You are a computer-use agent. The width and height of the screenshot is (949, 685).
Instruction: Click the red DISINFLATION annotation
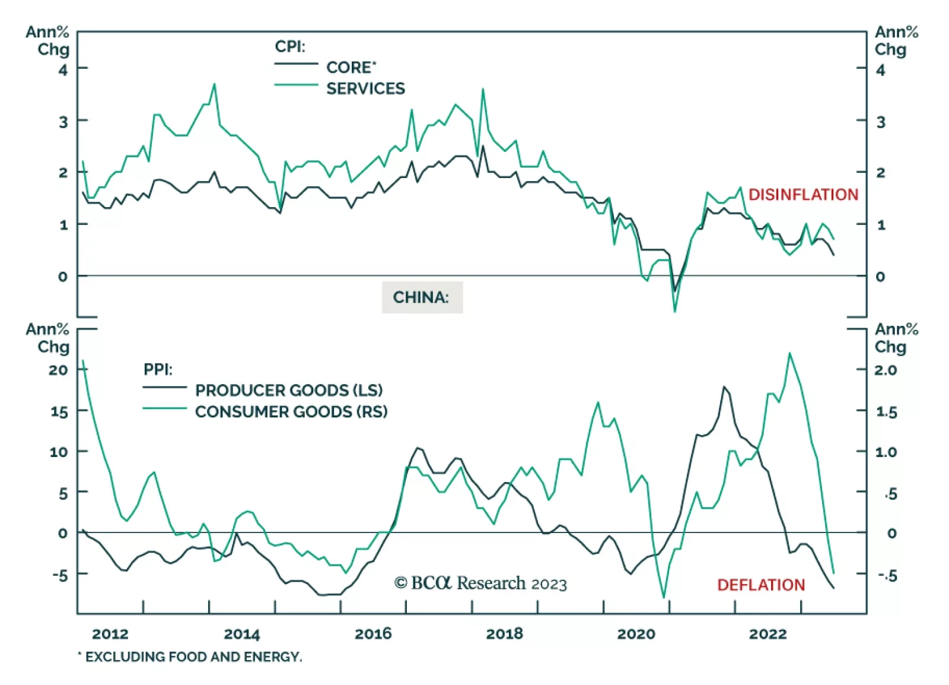pyautogui.click(x=803, y=195)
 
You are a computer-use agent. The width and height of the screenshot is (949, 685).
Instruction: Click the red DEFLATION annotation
pyautogui.click(x=761, y=585)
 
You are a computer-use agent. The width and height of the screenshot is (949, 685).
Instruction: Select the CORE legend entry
pyautogui.click(x=351, y=67)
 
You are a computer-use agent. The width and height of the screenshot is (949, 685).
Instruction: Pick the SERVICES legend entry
pyautogui.click(x=365, y=88)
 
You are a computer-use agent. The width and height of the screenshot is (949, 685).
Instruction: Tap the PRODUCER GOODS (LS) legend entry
pyautogui.click(x=289, y=390)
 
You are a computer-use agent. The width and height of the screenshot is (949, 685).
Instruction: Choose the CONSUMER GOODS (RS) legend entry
pyautogui.click(x=291, y=411)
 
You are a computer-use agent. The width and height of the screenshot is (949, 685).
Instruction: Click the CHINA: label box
pyautogui.click(x=422, y=297)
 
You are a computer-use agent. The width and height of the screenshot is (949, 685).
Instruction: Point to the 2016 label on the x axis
pyautogui.click(x=373, y=633)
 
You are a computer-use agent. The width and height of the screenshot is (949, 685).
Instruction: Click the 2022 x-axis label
pyautogui.click(x=768, y=633)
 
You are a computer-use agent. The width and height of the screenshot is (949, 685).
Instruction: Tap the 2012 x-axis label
pyautogui.click(x=110, y=633)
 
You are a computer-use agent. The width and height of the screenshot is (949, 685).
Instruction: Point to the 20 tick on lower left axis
pyautogui.click(x=58, y=370)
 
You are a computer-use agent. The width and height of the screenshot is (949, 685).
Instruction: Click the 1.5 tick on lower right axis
pyautogui.click(x=886, y=411)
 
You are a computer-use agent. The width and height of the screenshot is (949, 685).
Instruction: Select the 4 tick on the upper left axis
pyautogui.click(x=63, y=69)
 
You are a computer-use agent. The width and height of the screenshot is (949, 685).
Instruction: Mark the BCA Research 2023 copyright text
pyautogui.click(x=480, y=583)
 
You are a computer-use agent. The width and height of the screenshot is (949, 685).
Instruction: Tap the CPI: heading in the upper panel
pyautogui.click(x=289, y=46)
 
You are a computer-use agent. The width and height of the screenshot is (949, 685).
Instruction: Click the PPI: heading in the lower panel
pyautogui.click(x=158, y=369)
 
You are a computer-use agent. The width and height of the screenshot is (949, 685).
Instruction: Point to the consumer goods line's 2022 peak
pyautogui.click(x=789, y=353)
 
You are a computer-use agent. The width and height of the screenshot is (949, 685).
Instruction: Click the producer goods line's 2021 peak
pyautogui.click(x=724, y=387)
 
